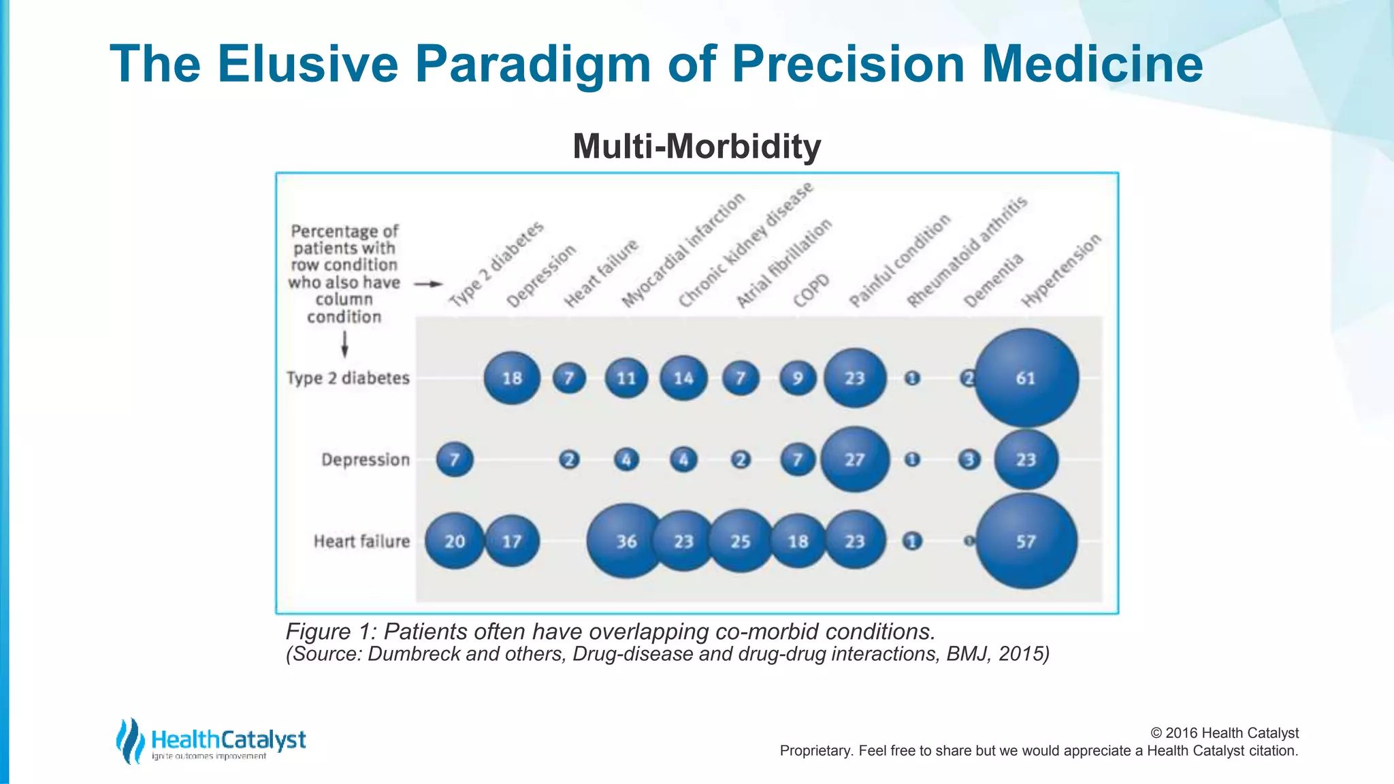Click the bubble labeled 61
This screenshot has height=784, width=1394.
coord(1026,378)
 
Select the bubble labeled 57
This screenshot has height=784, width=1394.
coord(1026,542)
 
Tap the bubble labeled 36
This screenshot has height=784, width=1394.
coord(626,542)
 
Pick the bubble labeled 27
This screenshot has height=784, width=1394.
coord(855,460)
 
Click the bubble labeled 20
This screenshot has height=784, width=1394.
coord(455,542)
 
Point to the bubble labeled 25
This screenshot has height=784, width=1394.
coord(741,542)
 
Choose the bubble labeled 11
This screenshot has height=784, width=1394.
coord(626,378)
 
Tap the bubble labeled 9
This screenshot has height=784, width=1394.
coord(798,378)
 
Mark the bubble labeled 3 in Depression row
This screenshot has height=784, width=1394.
coord(969,460)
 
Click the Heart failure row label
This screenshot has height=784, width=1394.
coord(361,542)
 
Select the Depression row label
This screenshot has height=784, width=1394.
coord(366,460)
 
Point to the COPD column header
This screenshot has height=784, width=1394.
coord(811,291)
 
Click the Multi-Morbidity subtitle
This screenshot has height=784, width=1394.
coord(696,146)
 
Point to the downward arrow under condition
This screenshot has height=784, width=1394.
coord(344,344)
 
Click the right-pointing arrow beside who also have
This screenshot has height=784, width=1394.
coord(428,284)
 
